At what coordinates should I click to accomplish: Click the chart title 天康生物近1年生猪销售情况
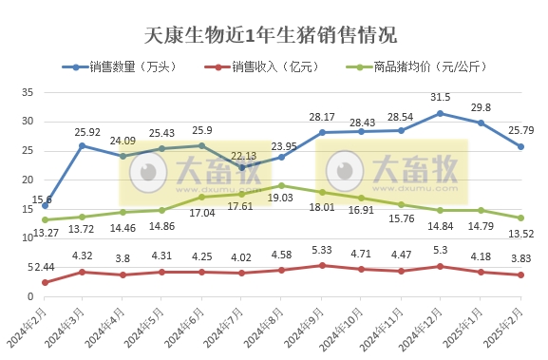pyautogui.click(x=274, y=36)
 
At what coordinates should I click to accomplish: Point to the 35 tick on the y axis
pyautogui.click(x=28, y=92)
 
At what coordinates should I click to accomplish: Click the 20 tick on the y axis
pyautogui.click(x=28, y=180)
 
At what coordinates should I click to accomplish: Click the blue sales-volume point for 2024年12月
pyautogui.click(x=440, y=113)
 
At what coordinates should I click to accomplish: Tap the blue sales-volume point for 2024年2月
pyautogui.click(x=46, y=205)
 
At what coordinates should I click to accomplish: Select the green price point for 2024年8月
pyautogui.click(x=282, y=185)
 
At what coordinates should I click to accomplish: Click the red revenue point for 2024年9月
pyautogui.click(x=321, y=265)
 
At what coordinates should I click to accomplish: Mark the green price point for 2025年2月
pyautogui.click(x=520, y=218)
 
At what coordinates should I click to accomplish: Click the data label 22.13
pyautogui.click(x=243, y=155)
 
